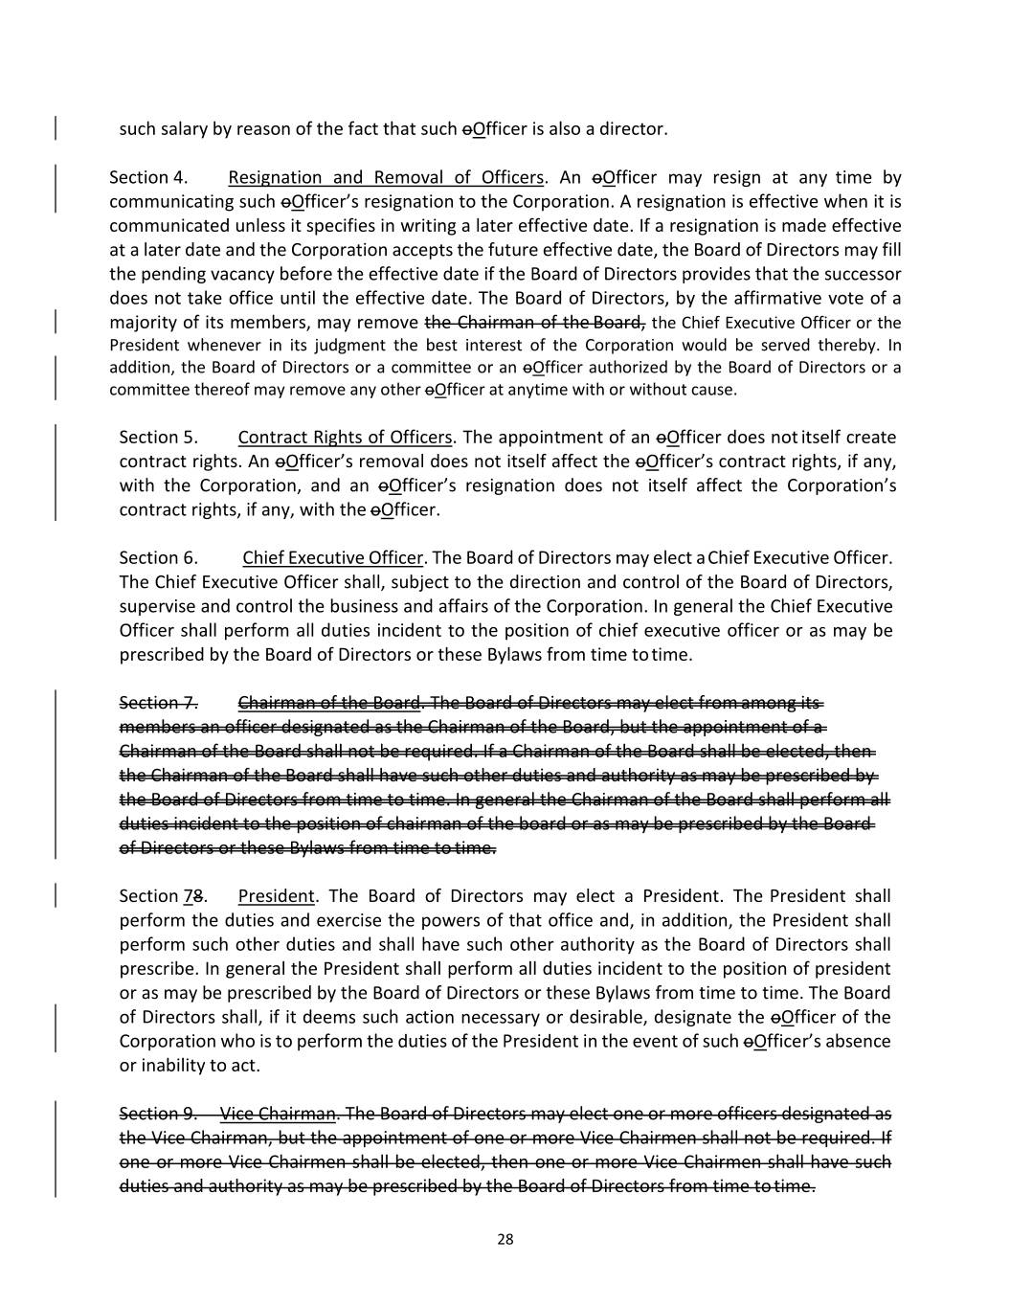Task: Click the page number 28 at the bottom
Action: [x=505, y=1239]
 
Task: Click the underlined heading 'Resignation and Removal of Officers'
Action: [x=386, y=177]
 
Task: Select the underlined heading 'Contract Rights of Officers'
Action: [x=345, y=438]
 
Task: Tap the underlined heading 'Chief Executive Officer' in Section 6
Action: [x=332, y=557]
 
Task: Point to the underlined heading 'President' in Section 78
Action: [x=276, y=896]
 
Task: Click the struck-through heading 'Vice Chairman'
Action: [x=278, y=1114]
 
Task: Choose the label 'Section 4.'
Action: [x=148, y=177]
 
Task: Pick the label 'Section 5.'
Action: [x=158, y=438]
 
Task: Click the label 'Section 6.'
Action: [x=158, y=557]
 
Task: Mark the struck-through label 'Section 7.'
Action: [x=158, y=703]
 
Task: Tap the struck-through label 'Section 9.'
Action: [x=158, y=1114]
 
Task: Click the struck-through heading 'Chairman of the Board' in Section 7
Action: [x=329, y=703]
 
